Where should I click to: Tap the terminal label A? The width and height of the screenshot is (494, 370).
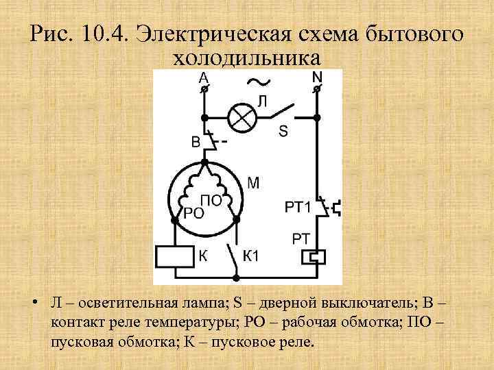tap(203, 78)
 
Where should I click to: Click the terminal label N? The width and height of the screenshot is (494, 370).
tap(316, 76)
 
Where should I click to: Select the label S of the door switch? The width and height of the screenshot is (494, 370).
tap(283, 132)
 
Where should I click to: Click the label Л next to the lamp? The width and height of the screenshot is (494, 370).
tap(262, 102)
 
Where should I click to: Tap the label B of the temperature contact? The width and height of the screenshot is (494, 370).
tap(196, 143)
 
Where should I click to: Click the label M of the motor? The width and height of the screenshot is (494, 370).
tap(253, 183)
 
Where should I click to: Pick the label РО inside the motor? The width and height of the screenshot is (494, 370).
tap(194, 213)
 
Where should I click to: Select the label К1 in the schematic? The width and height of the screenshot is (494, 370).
tap(251, 257)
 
